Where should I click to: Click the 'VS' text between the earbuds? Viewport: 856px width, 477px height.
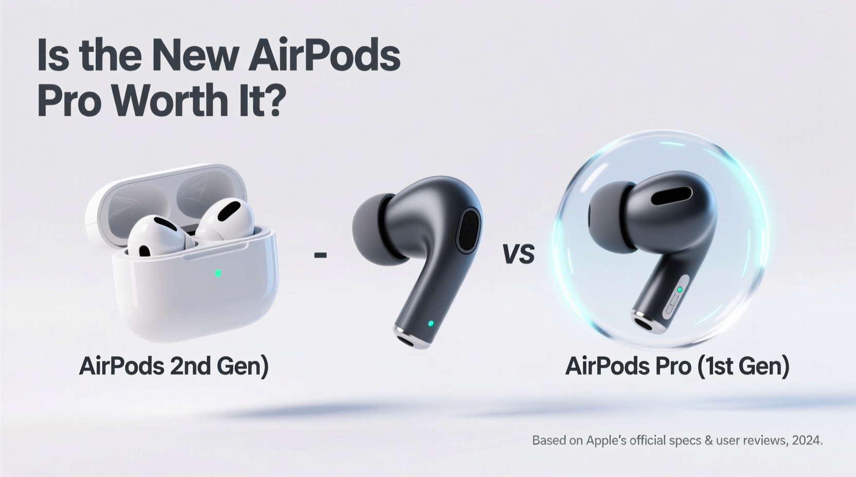(x=518, y=254)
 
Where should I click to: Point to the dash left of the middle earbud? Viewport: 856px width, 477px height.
(x=320, y=254)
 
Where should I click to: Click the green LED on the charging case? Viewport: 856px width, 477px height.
(x=218, y=272)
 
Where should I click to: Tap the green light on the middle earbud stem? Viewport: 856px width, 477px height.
(x=431, y=323)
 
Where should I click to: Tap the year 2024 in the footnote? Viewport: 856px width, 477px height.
(x=807, y=441)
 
